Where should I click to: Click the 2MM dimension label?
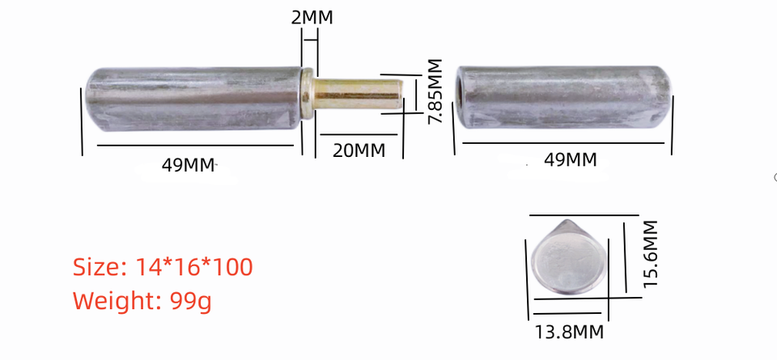312,16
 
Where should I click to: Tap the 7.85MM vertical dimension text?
435,91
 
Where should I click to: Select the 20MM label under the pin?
359,150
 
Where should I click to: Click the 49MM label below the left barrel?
189,165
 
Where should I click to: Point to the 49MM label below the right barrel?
570,159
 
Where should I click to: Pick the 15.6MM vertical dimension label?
651,253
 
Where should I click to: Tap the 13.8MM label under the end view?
570,331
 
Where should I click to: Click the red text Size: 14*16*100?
163,266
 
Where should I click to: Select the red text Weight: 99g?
142,301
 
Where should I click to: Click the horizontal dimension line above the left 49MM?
194,146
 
